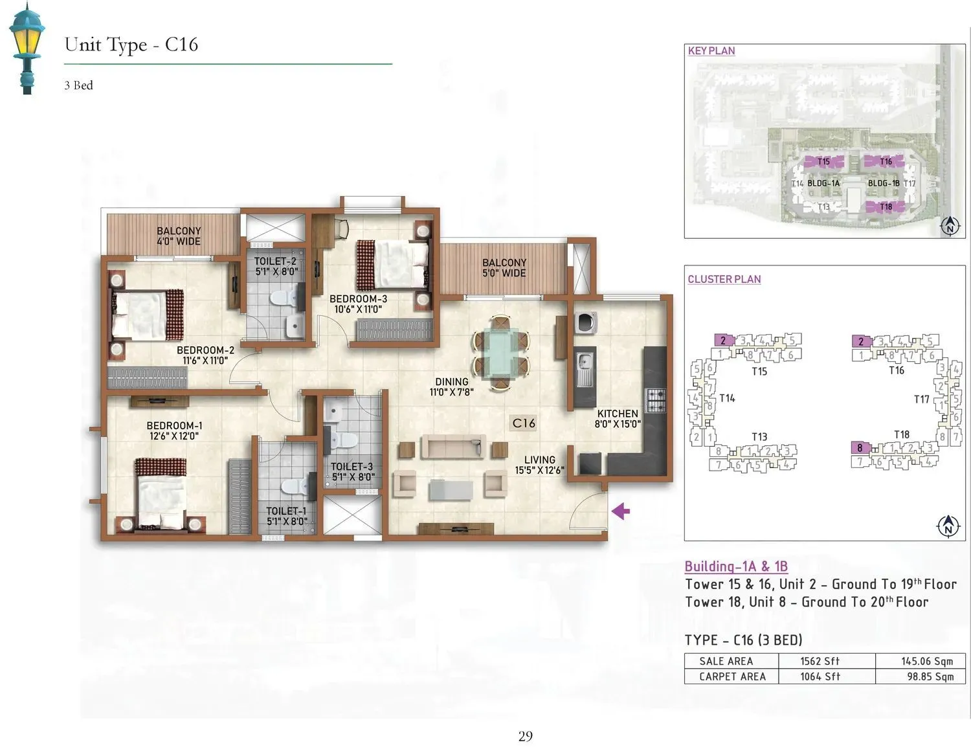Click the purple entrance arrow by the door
[621, 511]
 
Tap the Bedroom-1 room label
[174, 430]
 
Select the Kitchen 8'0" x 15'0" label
[617, 419]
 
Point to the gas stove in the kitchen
[655, 401]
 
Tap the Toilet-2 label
[276, 266]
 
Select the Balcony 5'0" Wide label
[504, 267]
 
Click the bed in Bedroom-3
[392, 265]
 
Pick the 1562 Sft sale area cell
[819, 661]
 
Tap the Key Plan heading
[711, 50]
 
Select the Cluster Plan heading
[724, 279]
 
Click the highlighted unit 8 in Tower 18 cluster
[860, 448]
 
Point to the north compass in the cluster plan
[948, 526]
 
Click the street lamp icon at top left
[26, 47]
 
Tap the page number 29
[525, 736]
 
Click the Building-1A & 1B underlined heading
[736, 566]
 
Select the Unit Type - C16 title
[131, 45]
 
